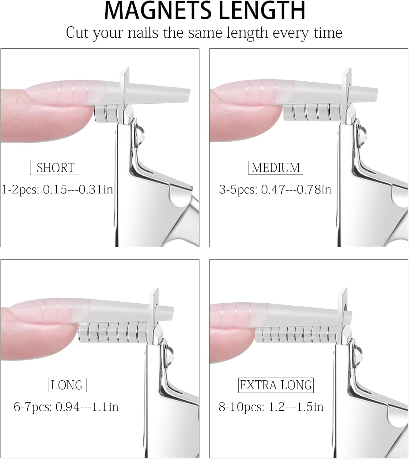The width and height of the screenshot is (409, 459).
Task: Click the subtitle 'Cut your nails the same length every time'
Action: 204,32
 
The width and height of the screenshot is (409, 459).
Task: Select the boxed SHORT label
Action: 55,167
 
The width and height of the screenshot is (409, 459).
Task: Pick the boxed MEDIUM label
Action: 275,168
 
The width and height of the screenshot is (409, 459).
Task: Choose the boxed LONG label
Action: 67,385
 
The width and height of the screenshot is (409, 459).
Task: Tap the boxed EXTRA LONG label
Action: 276,385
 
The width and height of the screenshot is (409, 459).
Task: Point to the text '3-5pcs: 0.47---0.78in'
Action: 275,189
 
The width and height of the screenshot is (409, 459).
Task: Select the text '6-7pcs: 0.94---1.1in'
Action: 66,407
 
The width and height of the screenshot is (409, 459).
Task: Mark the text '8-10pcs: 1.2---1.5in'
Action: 271,407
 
